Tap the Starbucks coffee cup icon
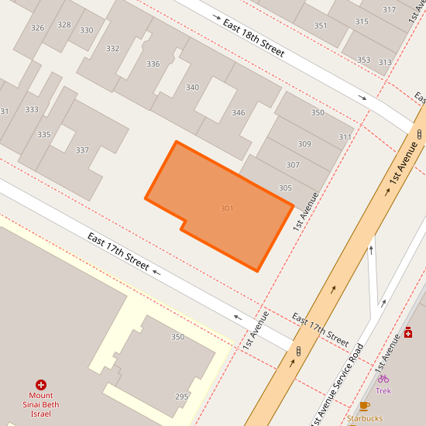click(x=365, y=406)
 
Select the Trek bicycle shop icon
click(x=383, y=379)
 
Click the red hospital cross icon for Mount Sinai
click(x=41, y=384)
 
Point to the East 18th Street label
click(x=253, y=39)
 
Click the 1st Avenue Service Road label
click(x=336, y=384)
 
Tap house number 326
click(x=37, y=28)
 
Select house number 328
click(x=64, y=25)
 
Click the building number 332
click(x=113, y=49)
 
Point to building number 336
click(x=153, y=64)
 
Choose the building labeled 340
click(x=192, y=88)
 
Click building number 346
click(x=238, y=113)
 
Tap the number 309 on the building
click(x=304, y=144)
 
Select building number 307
click(x=293, y=165)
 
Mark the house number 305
click(x=285, y=188)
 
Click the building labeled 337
click(x=82, y=150)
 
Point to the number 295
click(x=181, y=397)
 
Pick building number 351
click(x=321, y=26)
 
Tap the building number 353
click(x=363, y=60)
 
